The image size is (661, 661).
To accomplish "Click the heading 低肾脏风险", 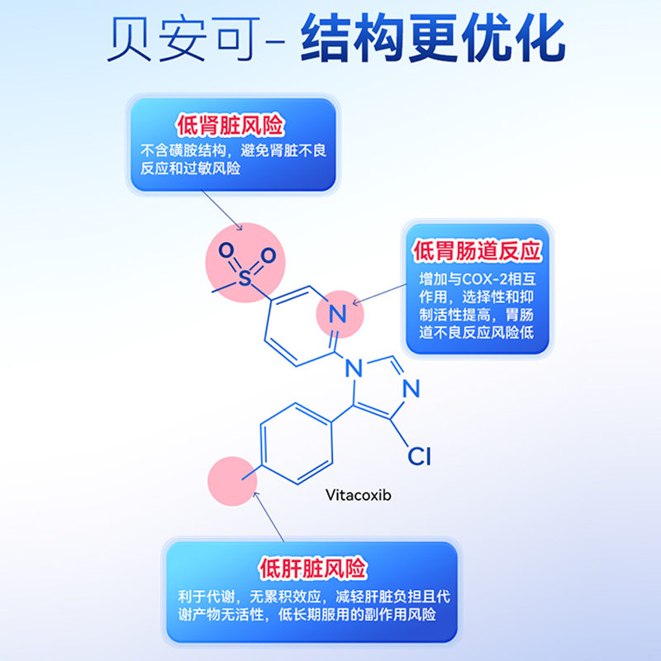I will point(231,126).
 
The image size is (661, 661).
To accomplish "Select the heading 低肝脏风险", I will point(311,569).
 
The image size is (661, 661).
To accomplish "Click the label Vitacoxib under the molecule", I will point(358,495).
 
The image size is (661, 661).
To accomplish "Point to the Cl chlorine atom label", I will point(419,455).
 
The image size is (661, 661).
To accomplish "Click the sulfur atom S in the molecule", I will point(245,278).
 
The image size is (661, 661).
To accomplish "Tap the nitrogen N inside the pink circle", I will point(336,314).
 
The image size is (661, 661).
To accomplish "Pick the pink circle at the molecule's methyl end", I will point(233,480).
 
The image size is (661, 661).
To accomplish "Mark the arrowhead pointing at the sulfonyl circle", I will point(240,228).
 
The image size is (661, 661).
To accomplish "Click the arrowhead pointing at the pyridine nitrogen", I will point(354,302).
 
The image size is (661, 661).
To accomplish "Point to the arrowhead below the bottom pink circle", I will point(255,494).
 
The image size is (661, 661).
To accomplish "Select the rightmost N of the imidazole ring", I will point(413,388).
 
